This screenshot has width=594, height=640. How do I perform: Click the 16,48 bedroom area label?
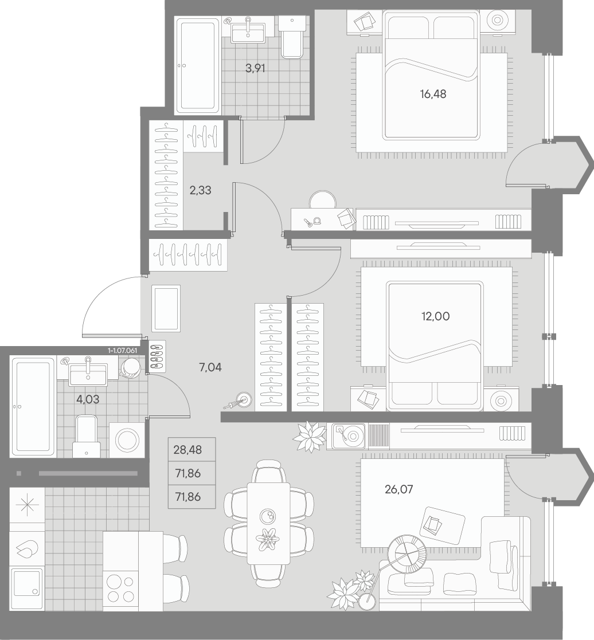(433, 95)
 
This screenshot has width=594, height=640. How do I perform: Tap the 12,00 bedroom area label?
(436, 316)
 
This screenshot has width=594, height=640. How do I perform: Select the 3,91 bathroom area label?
(255, 69)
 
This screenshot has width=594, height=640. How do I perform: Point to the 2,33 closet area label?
(200, 190)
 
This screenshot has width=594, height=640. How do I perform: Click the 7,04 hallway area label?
(210, 367)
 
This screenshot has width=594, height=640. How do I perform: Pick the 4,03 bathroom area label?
(88, 399)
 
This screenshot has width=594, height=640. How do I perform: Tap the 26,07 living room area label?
(398, 489)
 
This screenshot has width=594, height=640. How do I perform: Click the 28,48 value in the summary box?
(187, 450)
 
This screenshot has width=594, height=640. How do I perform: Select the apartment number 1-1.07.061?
(123, 351)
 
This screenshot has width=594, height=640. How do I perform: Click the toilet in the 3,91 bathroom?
(292, 37)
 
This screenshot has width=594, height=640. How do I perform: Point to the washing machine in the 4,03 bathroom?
(127, 440)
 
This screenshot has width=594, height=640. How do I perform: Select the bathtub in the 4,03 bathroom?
(33, 406)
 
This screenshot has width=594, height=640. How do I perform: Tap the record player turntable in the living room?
(349, 437)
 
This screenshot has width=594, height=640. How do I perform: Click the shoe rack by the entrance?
(157, 356)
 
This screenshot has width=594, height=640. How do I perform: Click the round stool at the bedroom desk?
(323, 201)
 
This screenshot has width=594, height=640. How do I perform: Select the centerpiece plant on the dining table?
(268, 539)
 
